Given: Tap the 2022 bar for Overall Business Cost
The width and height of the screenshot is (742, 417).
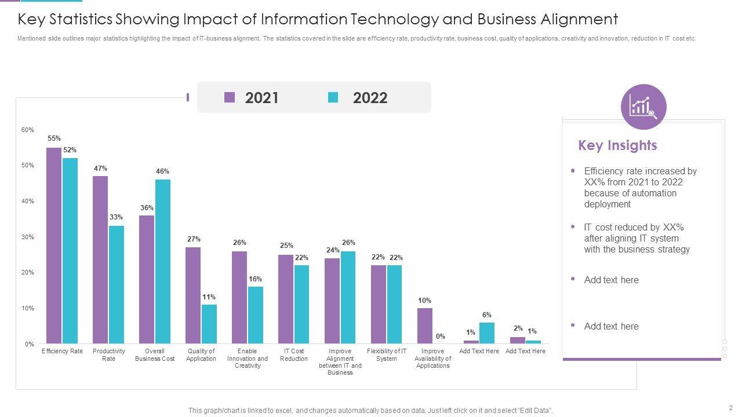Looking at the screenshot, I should click(x=163, y=261).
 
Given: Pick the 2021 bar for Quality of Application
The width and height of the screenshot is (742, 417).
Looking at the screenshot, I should click(x=193, y=295).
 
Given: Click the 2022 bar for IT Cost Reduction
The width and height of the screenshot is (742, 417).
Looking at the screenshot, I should click(x=301, y=304).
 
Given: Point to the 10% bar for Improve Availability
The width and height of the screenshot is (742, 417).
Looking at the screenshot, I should click(x=425, y=325).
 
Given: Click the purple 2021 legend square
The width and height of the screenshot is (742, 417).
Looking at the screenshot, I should click(x=230, y=97).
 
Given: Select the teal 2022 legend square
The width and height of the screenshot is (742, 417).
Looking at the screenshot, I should click(x=333, y=97).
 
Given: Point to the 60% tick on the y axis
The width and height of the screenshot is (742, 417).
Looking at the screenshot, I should click(x=28, y=130).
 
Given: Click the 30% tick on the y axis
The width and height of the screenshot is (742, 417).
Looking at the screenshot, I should click(x=28, y=237).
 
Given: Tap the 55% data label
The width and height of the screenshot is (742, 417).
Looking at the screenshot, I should click(x=54, y=138).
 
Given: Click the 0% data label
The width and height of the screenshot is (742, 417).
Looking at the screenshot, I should click(x=441, y=336).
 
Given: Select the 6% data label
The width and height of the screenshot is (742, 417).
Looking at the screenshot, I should click(x=487, y=315).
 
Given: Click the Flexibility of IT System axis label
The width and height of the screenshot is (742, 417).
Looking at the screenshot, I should click(x=387, y=355).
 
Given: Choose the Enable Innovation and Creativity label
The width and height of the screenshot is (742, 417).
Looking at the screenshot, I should click(x=248, y=359).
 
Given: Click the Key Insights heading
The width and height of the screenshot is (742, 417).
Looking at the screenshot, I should click(x=617, y=145).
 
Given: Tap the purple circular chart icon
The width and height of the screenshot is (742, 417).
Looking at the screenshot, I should click(x=643, y=107).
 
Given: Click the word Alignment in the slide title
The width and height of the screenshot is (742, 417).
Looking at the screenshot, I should click(x=579, y=20).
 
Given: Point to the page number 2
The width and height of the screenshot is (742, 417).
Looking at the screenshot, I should click(x=731, y=407).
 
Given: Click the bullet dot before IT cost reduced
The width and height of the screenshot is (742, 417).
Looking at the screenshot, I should click(x=573, y=226).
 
